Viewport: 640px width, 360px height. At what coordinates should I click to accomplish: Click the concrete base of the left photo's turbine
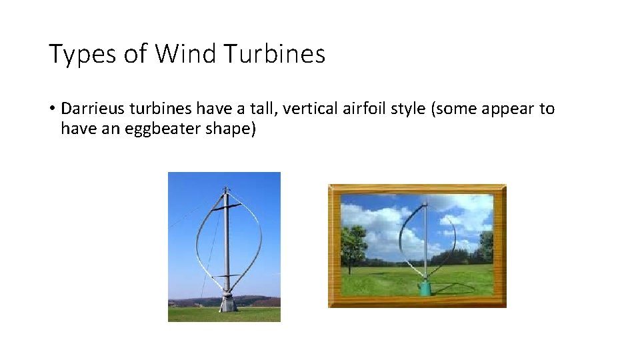click(228, 303)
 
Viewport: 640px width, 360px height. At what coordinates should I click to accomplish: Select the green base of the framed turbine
click(425, 288)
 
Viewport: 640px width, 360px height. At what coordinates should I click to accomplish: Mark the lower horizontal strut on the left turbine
click(226, 275)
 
